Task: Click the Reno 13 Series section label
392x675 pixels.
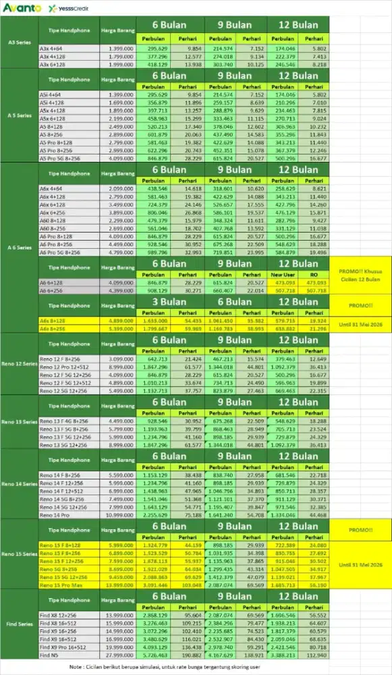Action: tap(19, 422)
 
